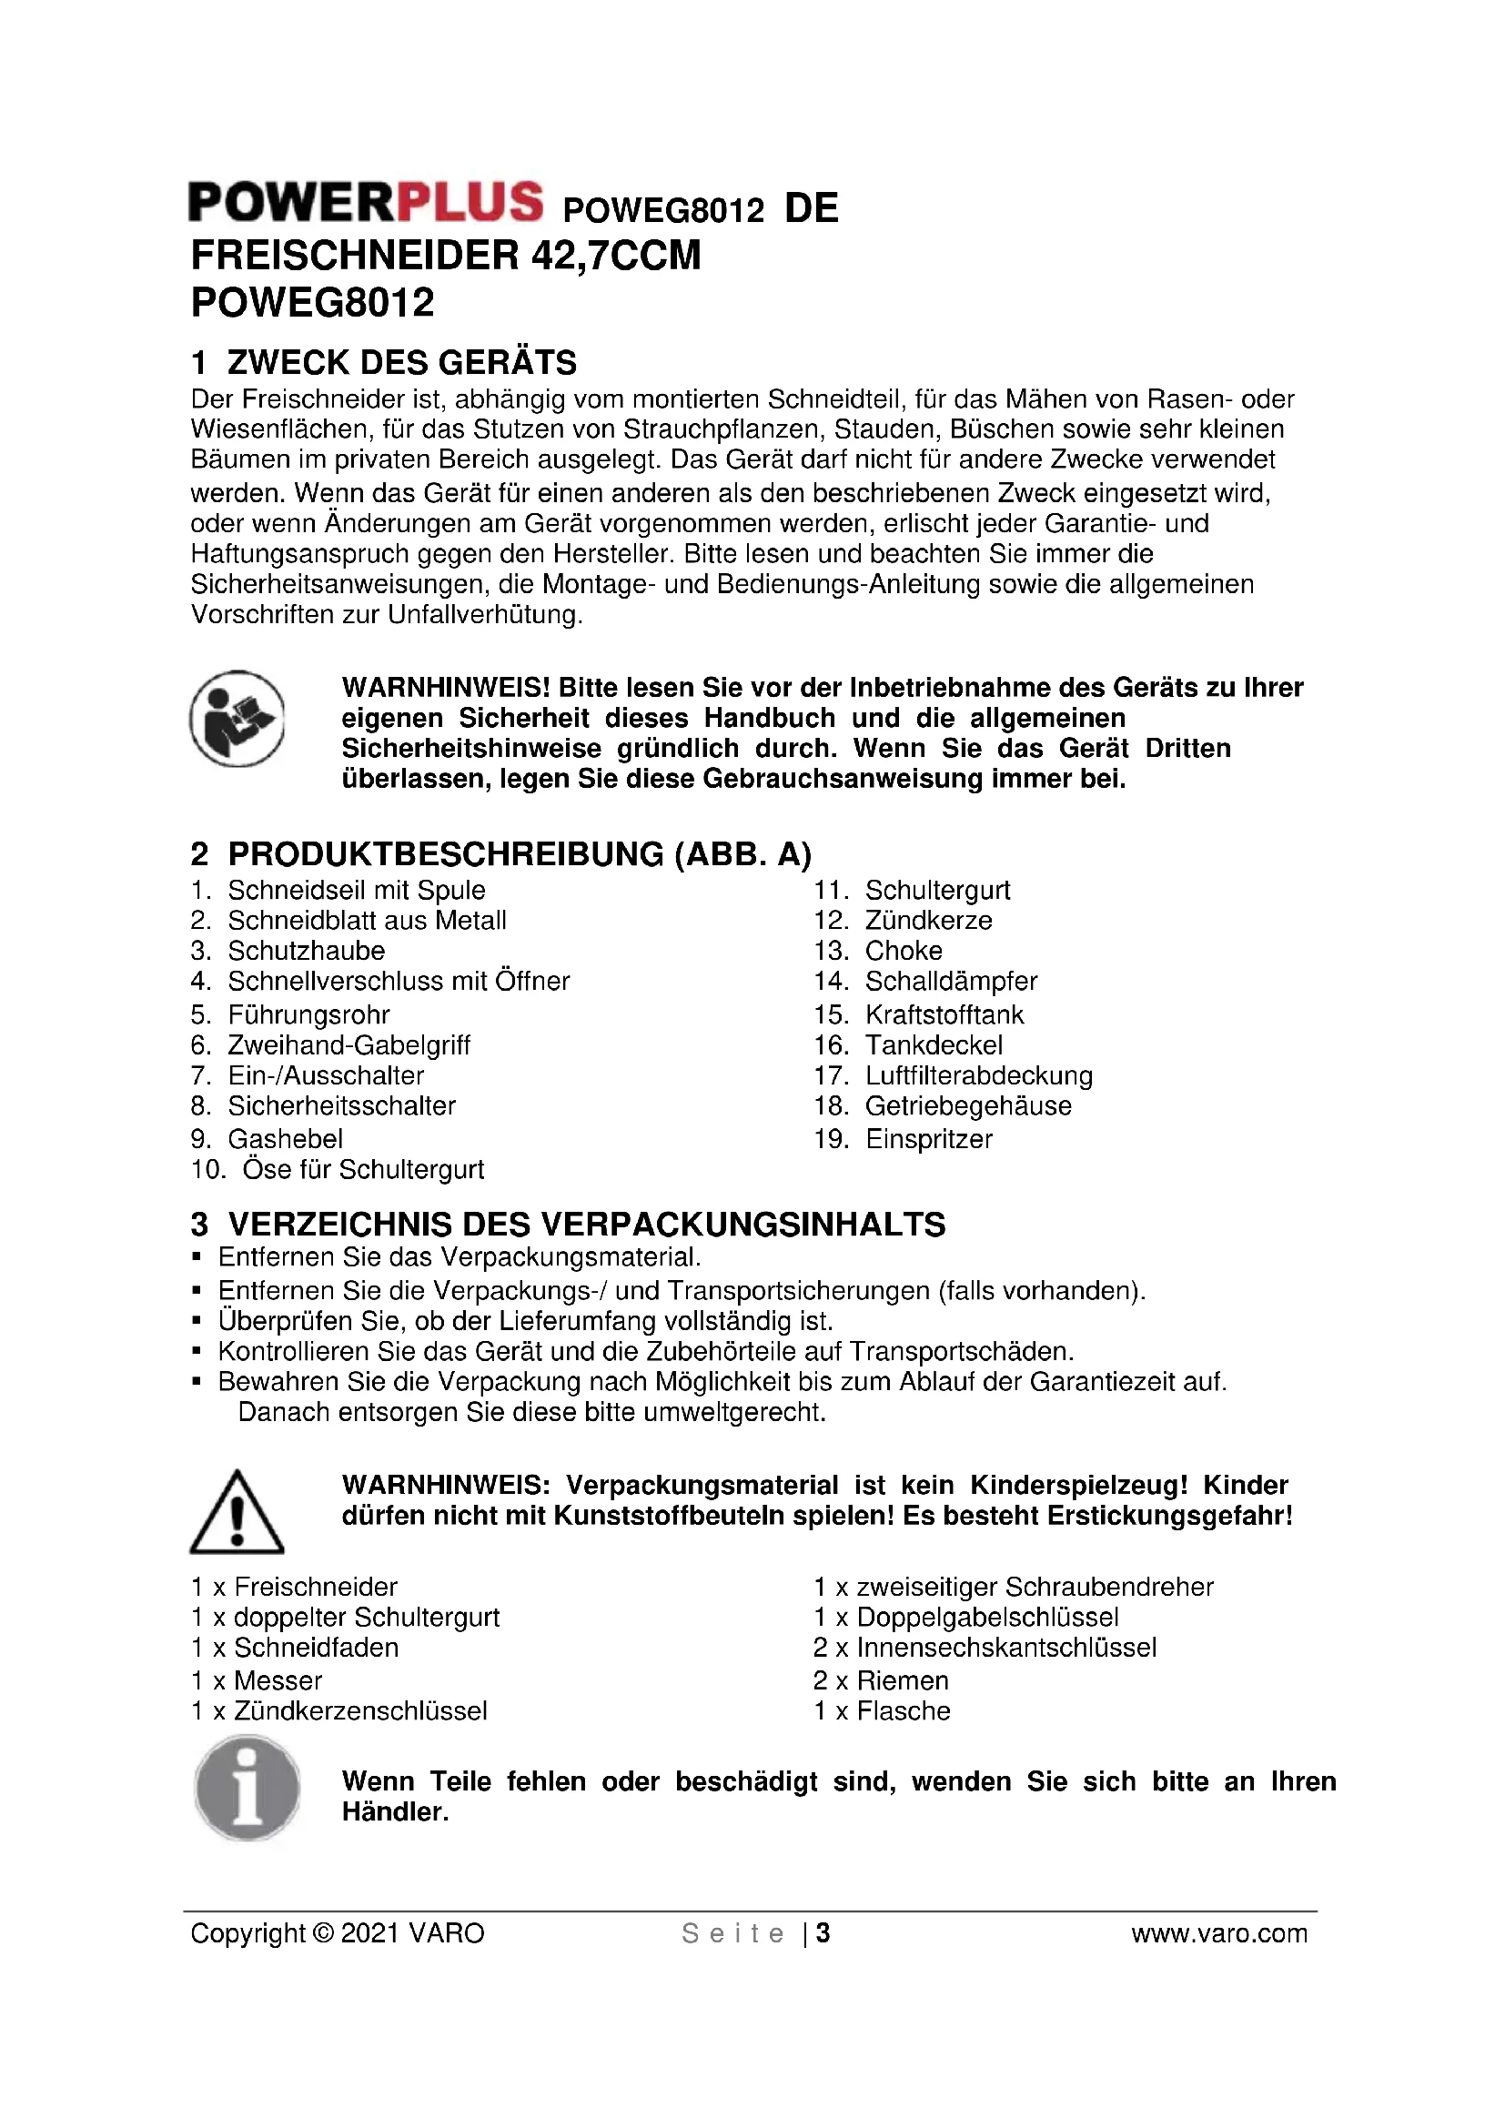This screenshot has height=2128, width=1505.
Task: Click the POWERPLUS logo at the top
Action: point(365,203)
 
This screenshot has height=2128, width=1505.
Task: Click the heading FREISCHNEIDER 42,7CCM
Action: point(446,256)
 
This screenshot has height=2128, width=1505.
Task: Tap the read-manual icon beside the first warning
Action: point(237,719)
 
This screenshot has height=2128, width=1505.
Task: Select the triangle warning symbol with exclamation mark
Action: point(237,1512)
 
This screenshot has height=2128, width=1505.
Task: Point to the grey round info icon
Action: point(247,1788)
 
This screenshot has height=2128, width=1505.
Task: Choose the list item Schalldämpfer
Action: point(951,981)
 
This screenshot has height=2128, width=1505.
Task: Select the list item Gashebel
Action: point(285,1138)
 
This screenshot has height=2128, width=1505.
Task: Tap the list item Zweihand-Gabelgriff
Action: point(348,1044)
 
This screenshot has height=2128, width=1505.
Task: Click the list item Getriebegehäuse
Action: point(967,1105)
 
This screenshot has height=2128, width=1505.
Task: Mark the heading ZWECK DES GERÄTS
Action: point(401,362)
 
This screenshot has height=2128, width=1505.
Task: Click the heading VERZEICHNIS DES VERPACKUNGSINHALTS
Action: point(587,1225)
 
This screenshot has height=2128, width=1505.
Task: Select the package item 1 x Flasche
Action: point(882,1711)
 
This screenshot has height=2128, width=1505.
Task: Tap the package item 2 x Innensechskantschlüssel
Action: point(985,1648)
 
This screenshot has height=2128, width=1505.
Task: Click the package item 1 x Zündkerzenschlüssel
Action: point(339,1711)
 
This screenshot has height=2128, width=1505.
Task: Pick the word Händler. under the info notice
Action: point(395,1812)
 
